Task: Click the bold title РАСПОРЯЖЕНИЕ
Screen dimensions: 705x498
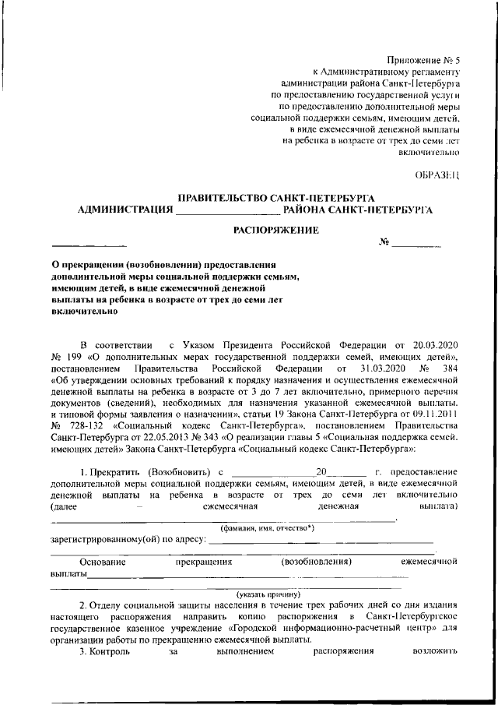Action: click(x=277, y=230)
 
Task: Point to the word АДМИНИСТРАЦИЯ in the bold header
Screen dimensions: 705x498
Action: click(x=125, y=210)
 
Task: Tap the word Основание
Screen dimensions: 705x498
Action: click(x=102, y=561)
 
